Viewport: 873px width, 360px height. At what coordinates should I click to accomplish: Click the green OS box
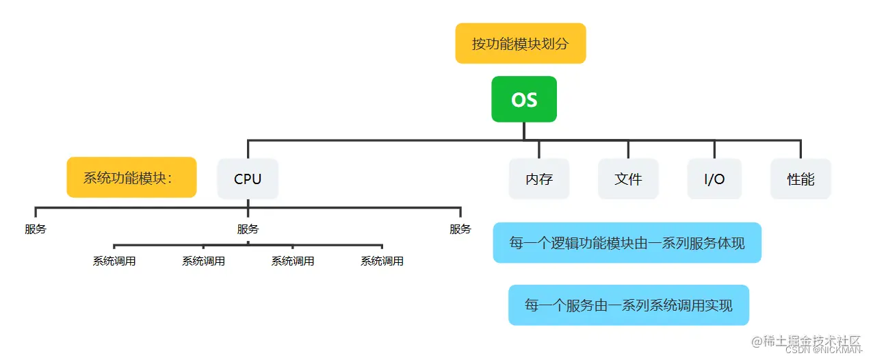(x=523, y=99)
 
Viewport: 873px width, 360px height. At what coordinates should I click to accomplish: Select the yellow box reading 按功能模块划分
(x=520, y=44)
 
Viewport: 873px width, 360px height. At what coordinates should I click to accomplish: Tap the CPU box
(x=248, y=179)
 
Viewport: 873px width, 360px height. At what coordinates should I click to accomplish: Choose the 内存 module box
(x=539, y=179)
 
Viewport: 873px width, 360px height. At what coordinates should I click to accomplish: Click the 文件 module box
(x=628, y=179)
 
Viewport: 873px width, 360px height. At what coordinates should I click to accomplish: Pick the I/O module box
(x=714, y=179)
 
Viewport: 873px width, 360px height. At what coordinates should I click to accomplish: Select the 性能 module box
(x=800, y=179)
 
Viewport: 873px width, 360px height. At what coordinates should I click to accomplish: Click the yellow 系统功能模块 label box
(x=131, y=178)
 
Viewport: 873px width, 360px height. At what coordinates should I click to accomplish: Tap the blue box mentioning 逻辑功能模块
(x=627, y=243)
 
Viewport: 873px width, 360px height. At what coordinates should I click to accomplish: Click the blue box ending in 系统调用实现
(x=628, y=305)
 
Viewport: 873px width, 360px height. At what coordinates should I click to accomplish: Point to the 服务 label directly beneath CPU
(x=248, y=229)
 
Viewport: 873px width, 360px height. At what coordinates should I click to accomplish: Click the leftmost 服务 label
(x=36, y=229)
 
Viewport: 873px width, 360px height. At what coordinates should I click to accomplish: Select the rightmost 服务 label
(x=460, y=229)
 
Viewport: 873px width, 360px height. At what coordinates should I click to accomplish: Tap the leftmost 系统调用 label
(x=114, y=261)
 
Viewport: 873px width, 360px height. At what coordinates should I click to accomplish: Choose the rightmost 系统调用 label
(x=382, y=261)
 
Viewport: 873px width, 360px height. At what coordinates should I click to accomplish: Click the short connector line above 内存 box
(x=539, y=149)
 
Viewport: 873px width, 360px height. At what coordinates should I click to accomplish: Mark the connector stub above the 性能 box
(x=800, y=149)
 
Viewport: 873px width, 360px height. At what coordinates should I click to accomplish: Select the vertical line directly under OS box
(x=523, y=131)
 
